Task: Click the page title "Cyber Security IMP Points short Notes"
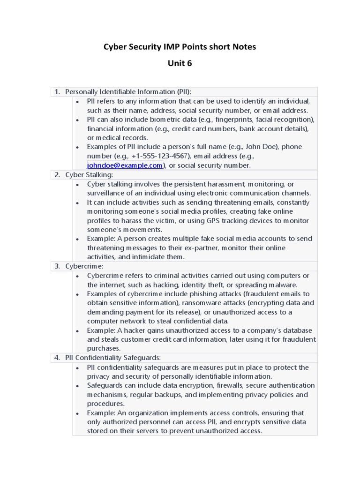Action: click(180, 47)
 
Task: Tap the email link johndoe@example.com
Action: click(125, 165)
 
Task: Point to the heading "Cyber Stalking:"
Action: click(89, 175)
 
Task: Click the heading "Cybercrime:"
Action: click(84, 266)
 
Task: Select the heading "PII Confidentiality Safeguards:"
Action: click(113, 358)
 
